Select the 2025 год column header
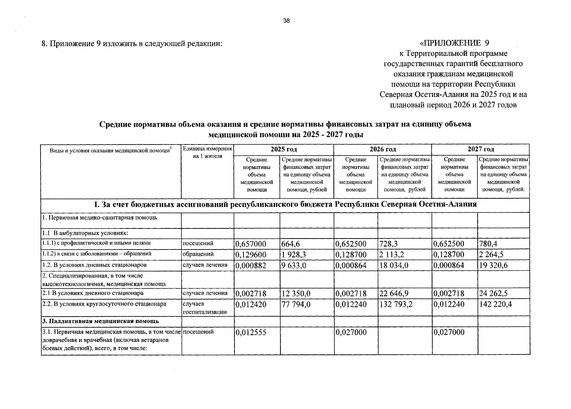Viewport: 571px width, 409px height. click(x=283, y=149)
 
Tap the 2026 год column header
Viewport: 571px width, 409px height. click(x=383, y=149)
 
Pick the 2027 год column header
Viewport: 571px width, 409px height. click(x=480, y=149)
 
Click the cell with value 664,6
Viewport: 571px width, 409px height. click(x=291, y=244)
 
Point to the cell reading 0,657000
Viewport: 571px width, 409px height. click(x=251, y=244)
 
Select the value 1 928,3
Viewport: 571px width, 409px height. click(x=294, y=255)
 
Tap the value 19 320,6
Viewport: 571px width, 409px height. click(x=493, y=265)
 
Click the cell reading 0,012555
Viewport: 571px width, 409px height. click(x=251, y=332)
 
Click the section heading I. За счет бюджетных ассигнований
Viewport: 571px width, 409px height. click(x=285, y=204)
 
